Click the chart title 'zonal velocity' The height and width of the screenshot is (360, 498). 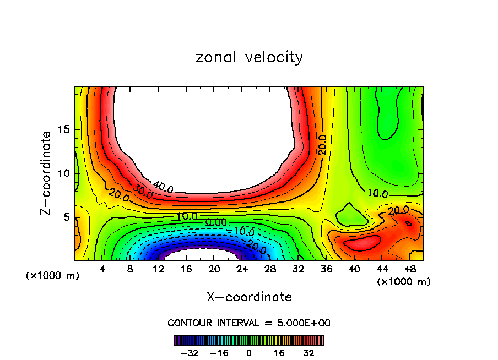coord(249,57)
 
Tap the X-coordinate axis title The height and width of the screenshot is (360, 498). coord(249,297)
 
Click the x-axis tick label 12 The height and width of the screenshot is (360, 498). coord(158,269)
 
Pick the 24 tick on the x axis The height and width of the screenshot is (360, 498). coord(242,269)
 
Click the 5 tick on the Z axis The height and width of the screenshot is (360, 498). coord(64,217)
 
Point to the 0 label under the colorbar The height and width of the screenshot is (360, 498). coord(249,353)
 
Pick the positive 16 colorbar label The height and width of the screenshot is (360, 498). coord(279,353)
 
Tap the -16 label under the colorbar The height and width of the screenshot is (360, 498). coord(219,353)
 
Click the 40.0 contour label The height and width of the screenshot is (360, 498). coord(163,188)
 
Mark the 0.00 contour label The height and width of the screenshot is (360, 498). coord(215,222)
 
